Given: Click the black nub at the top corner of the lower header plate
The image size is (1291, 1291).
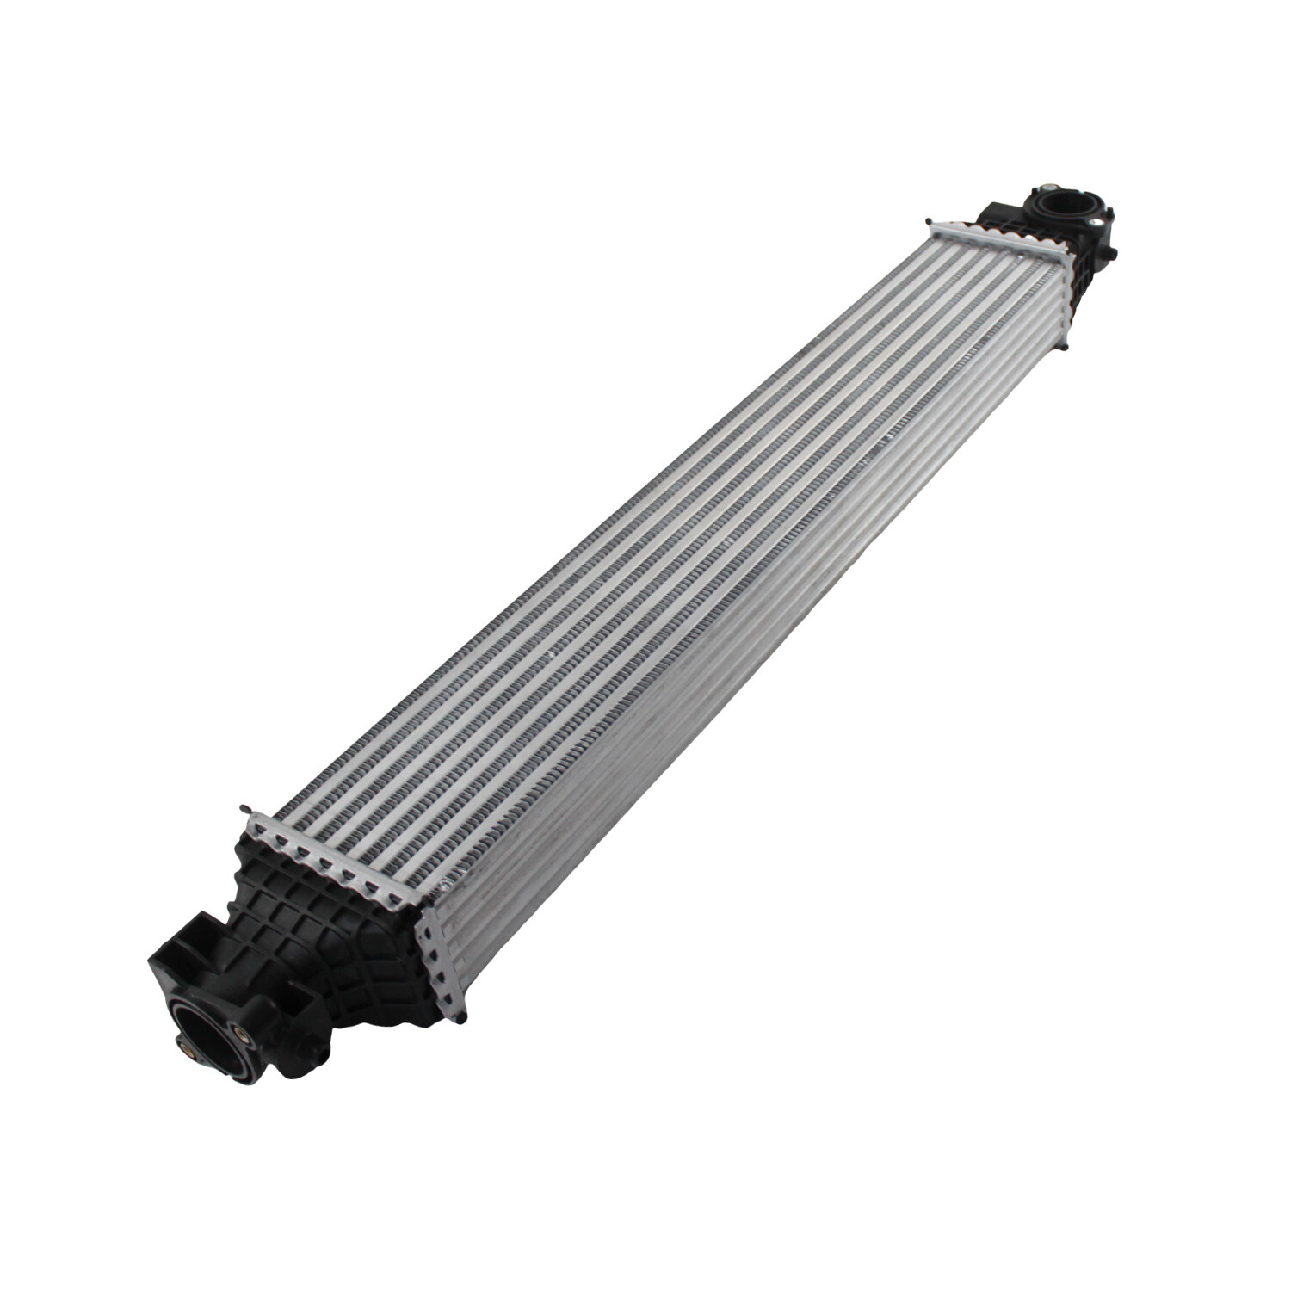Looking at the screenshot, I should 244,810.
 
